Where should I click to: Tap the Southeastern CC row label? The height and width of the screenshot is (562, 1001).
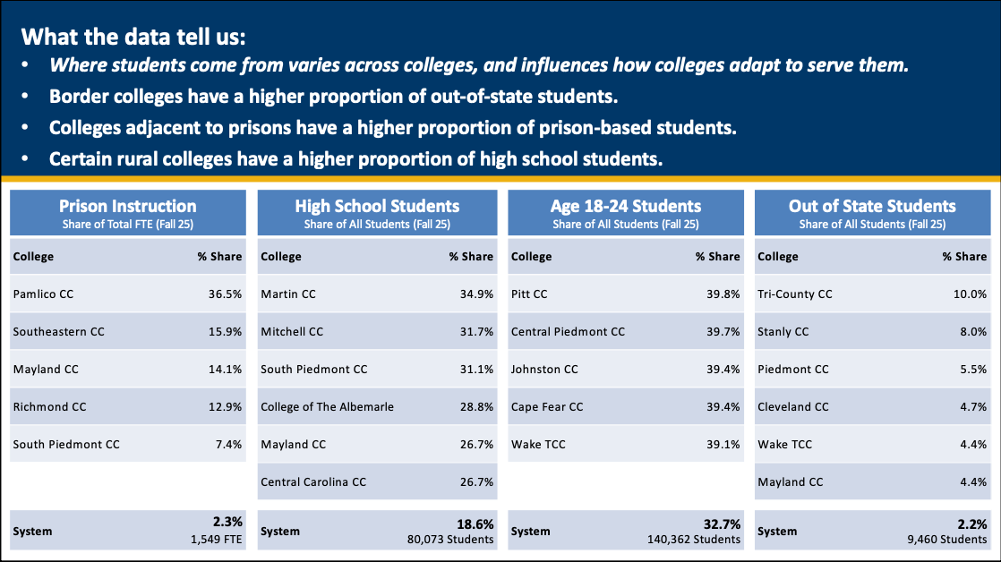click(x=59, y=331)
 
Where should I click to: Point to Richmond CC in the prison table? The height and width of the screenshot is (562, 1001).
click(x=50, y=406)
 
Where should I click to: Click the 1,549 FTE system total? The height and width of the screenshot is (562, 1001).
click(x=215, y=540)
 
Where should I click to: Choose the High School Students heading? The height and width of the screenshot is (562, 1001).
click(x=377, y=207)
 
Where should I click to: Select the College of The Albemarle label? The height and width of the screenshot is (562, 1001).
click(x=327, y=406)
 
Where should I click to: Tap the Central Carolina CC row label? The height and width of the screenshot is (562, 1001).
click(x=313, y=481)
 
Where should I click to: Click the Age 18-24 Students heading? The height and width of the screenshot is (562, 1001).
click(x=626, y=207)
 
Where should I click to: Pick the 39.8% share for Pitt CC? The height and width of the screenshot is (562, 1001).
click(x=723, y=294)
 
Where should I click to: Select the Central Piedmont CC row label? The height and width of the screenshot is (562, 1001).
click(x=568, y=331)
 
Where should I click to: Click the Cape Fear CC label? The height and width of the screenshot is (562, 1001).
click(x=547, y=406)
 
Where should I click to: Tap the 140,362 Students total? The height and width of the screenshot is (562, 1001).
click(x=694, y=540)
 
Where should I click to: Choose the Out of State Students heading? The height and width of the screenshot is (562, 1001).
click(x=872, y=207)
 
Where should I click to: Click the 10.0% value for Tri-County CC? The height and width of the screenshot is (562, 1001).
click(x=970, y=294)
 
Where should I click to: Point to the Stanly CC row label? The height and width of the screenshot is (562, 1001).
click(x=783, y=331)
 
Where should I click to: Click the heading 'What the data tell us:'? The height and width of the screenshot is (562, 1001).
click(x=133, y=38)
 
